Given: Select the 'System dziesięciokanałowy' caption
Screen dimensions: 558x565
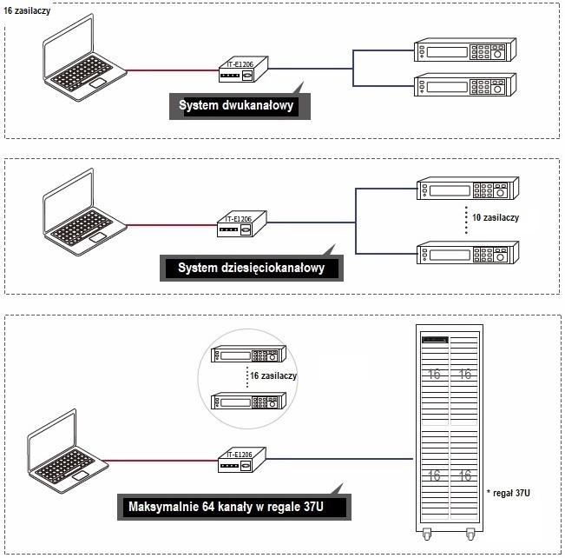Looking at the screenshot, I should [x=251, y=268].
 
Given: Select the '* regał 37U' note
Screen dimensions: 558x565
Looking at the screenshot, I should [x=512, y=494].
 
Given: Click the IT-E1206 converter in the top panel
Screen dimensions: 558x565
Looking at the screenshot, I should [x=246, y=71].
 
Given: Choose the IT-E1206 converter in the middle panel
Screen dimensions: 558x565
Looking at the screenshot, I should [x=246, y=224].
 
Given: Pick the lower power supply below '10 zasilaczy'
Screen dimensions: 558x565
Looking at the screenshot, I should [x=467, y=252].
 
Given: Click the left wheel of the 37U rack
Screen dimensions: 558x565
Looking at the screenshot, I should [x=428, y=534].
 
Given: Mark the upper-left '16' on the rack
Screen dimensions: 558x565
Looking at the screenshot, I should [x=433, y=375].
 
